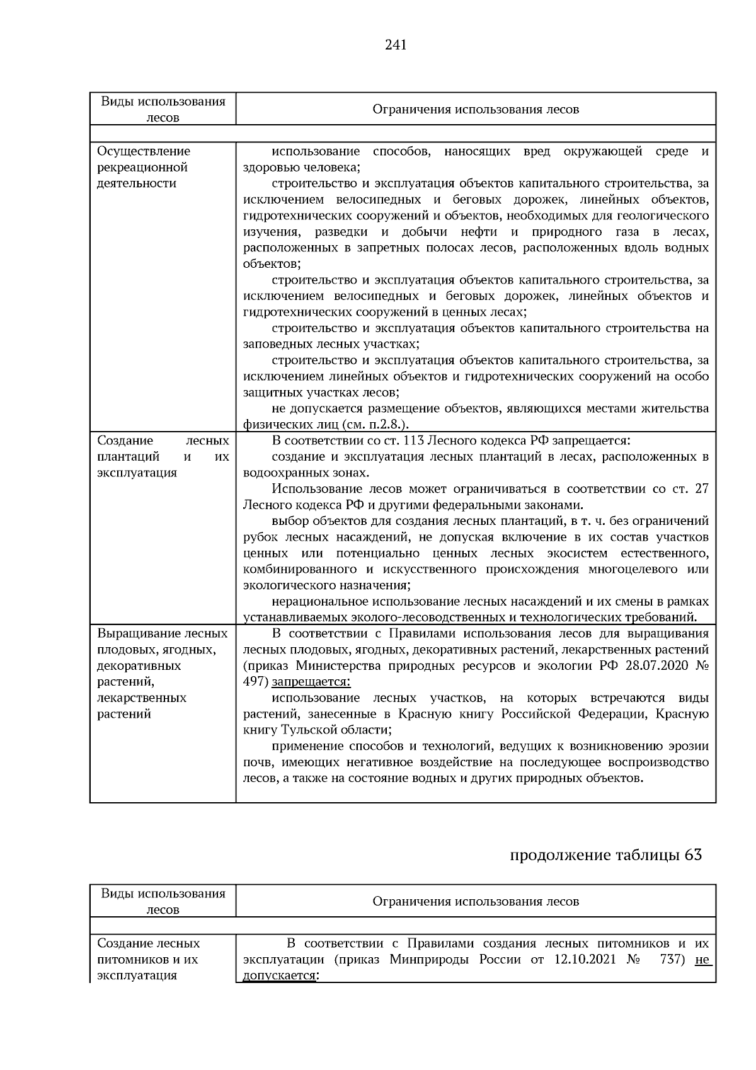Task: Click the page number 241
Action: (x=395, y=45)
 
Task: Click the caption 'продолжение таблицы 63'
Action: (x=605, y=855)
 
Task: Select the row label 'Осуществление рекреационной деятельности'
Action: (x=144, y=167)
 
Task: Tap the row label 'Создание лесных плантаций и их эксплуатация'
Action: (x=163, y=456)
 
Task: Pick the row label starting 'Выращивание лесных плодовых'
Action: (x=163, y=674)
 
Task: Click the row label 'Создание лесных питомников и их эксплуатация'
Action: (x=149, y=959)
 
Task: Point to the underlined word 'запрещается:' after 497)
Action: (x=311, y=682)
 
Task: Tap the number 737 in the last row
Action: (x=672, y=960)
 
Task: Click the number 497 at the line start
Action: (x=255, y=682)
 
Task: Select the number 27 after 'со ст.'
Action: (x=701, y=489)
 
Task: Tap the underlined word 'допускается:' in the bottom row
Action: (x=280, y=975)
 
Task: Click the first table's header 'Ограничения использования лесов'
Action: (x=476, y=109)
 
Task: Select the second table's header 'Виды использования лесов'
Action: (x=163, y=901)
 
